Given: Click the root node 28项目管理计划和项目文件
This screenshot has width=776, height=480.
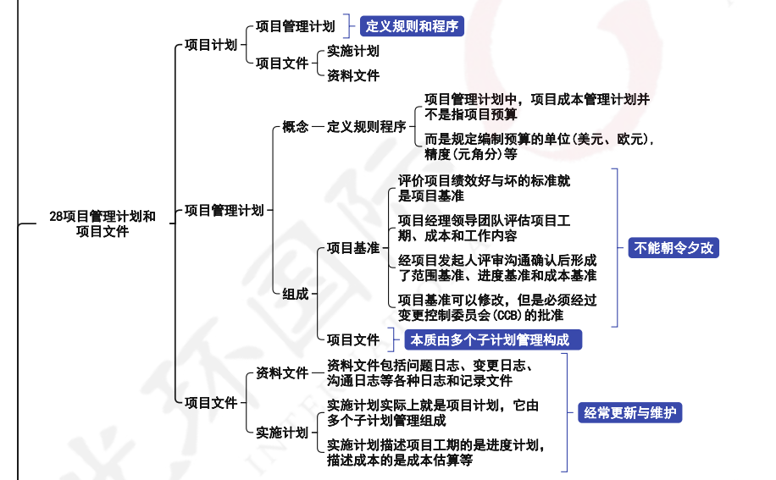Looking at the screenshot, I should [x=102, y=223].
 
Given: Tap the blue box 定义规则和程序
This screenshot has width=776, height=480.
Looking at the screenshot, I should [x=412, y=26].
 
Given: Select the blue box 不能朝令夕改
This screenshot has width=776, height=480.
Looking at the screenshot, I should [x=673, y=248].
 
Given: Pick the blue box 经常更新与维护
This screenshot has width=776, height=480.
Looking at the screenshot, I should [x=630, y=413].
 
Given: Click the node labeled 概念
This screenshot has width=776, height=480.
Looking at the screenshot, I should [x=295, y=127].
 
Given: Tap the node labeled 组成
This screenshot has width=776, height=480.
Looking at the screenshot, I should [x=295, y=294].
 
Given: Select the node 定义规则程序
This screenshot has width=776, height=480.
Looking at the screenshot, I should [x=366, y=127].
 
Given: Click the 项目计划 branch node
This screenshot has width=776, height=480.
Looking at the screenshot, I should [x=210, y=45].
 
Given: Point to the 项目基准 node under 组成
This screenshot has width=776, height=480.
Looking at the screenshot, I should [x=353, y=248].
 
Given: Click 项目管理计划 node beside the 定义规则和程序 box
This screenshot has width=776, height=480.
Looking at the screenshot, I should [x=295, y=26].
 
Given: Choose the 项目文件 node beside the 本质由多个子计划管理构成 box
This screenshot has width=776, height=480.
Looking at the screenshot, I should [x=353, y=340].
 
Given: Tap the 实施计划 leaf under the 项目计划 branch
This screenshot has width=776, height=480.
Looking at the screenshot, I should [x=353, y=51].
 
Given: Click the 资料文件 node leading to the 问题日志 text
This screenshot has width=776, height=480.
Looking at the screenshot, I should [x=282, y=372].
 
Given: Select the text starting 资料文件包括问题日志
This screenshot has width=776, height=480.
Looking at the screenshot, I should [x=430, y=373].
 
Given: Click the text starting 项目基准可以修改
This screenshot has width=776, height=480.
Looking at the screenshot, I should [x=497, y=307].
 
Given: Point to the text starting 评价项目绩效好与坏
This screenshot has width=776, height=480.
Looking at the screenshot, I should [x=484, y=188].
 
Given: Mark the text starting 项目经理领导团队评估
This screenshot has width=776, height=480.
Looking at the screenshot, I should [x=484, y=229].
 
